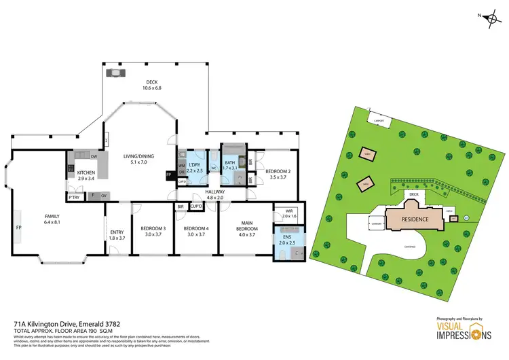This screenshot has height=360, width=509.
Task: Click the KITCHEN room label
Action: [x=86, y=173]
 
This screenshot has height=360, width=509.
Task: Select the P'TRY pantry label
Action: [x=73, y=198]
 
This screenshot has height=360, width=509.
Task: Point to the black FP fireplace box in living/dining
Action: [x=168, y=175]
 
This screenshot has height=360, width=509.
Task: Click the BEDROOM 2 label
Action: [x=278, y=171]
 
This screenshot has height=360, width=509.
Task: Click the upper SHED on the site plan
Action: [x=368, y=154]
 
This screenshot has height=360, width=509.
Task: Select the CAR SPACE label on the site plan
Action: [x=409, y=247]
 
